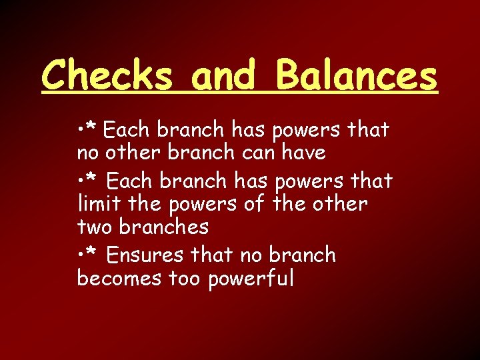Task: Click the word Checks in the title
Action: pyautogui.click(x=109, y=75)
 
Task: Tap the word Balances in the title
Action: pyautogui.click(x=357, y=75)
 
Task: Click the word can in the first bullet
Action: pyautogui.click(x=255, y=153)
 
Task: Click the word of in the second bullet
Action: pyautogui.click(x=254, y=203)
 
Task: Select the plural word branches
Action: pyautogui.click(x=164, y=227)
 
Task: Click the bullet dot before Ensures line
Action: pyautogui.click(x=80, y=255)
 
